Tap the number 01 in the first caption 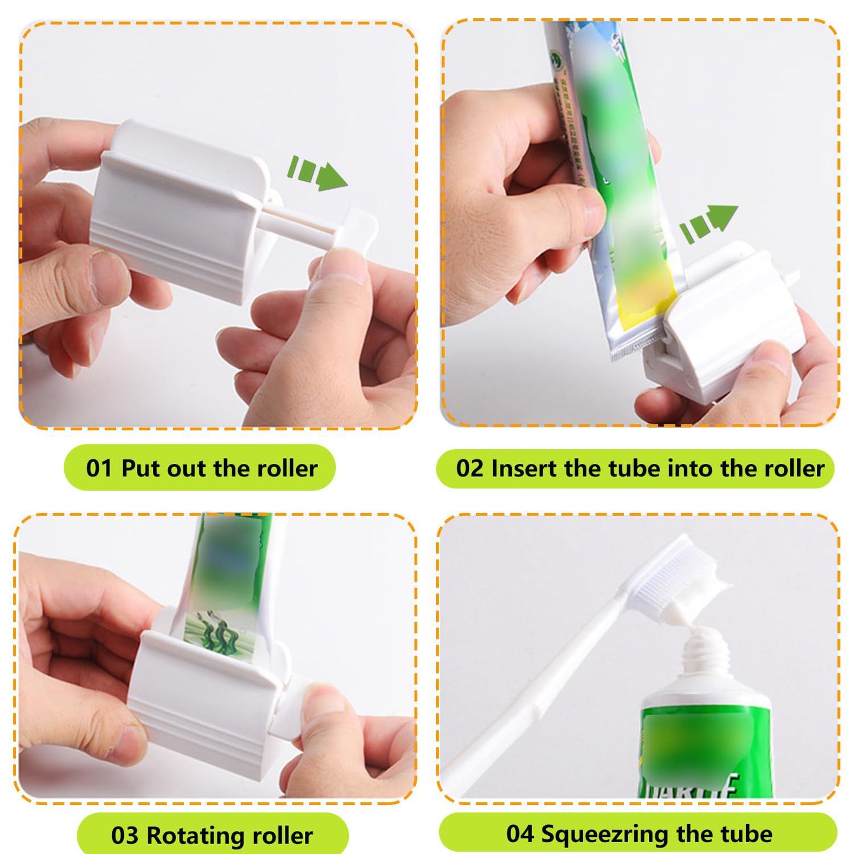tap(99, 468)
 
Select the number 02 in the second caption tap(469, 468)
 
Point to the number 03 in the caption tap(124, 836)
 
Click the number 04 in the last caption tap(520, 834)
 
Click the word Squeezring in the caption tap(606, 834)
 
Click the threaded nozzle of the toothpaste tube tap(706, 653)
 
